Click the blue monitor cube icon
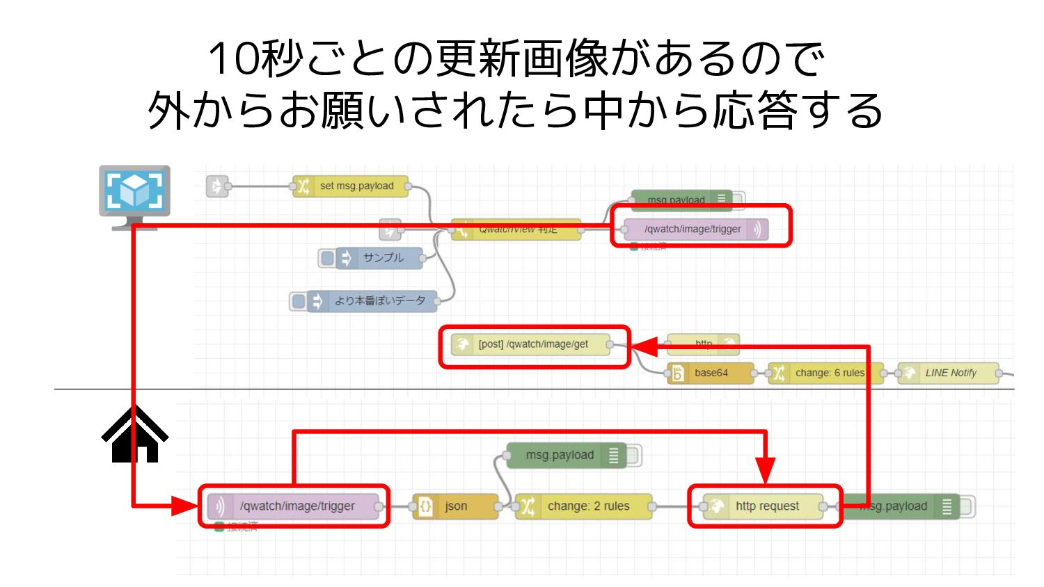[x=134, y=191]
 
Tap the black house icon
[x=135, y=435]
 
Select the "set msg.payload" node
[x=351, y=186]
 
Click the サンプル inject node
[x=379, y=258]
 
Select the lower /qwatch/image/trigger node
[x=296, y=506]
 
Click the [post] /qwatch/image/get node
[x=532, y=344]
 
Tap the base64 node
[x=710, y=373]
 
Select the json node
[x=456, y=506]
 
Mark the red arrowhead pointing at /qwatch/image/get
[x=644, y=346]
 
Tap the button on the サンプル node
[x=327, y=258]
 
